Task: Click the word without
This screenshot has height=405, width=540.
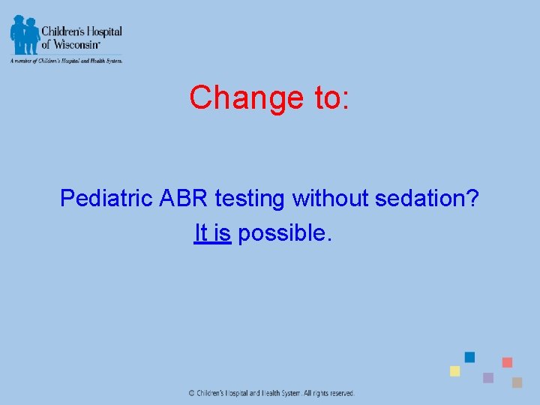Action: (x=330, y=199)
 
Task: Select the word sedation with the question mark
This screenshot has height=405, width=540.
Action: (x=427, y=199)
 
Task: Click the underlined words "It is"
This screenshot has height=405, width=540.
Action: (x=212, y=233)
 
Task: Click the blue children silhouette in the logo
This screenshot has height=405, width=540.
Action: (x=24, y=34)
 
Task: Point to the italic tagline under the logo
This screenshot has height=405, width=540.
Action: (x=65, y=61)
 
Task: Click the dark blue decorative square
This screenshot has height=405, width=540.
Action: (x=469, y=357)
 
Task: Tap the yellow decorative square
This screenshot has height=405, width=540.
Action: (x=454, y=371)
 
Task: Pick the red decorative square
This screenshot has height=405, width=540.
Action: (x=507, y=362)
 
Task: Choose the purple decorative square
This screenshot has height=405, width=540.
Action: (x=488, y=377)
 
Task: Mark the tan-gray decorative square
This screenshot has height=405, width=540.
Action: (x=517, y=382)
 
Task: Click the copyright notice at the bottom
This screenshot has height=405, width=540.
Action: (x=271, y=393)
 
